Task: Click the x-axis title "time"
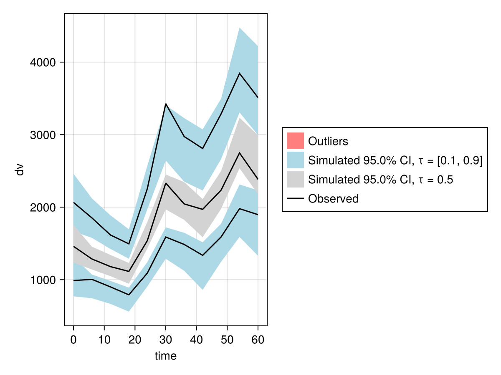[166, 356]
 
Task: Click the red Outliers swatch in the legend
[295, 141]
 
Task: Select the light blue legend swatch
[295, 160]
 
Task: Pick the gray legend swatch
[295, 179]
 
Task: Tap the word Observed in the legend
[333, 199]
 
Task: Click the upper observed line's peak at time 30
[166, 104]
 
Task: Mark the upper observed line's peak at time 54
[239, 73]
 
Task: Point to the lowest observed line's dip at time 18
[129, 295]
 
